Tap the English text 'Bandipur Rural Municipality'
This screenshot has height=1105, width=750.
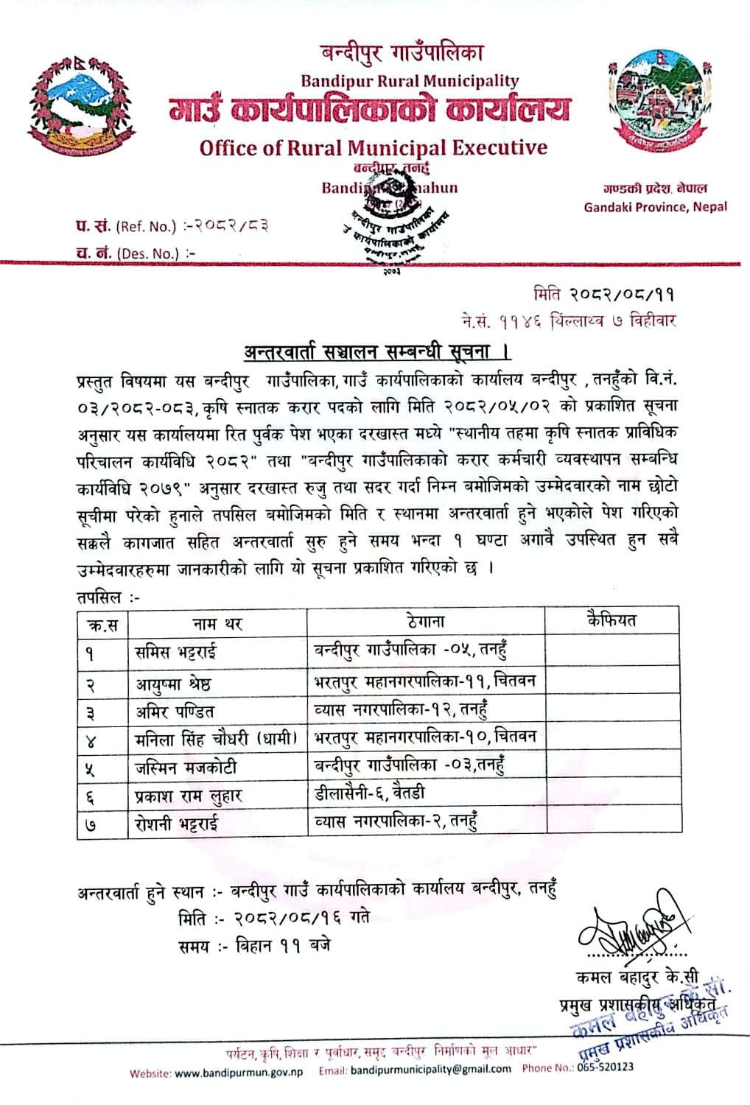[410, 81]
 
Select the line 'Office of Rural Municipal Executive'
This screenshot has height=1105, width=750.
[374, 147]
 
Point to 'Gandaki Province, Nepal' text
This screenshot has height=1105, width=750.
[655, 207]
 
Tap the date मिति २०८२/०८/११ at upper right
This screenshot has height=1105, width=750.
[603, 295]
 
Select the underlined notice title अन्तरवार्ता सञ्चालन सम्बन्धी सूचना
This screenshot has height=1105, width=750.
[378, 351]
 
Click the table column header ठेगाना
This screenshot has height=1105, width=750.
[425, 621]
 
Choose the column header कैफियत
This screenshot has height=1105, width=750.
[611, 620]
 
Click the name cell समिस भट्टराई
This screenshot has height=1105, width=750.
[176, 652]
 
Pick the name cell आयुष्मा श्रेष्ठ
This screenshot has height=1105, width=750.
[173, 684]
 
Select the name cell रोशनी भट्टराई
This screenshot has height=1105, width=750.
[177, 824]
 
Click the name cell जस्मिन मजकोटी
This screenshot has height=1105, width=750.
[186, 768]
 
